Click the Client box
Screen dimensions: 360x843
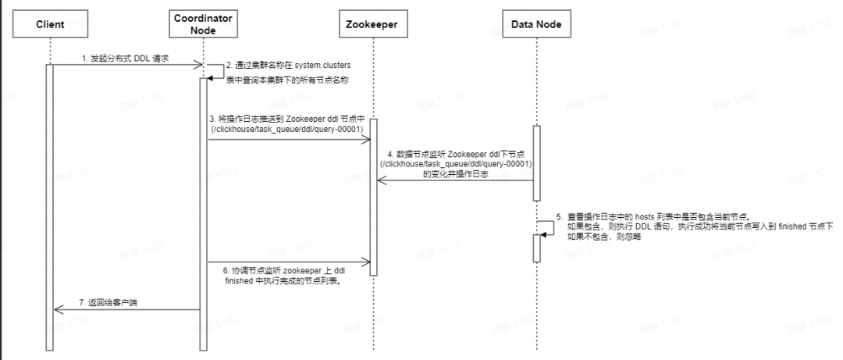point(50,25)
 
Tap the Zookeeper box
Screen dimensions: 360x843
point(372,25)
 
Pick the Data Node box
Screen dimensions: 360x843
point(536,25)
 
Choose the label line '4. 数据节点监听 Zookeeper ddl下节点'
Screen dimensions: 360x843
point(455,153)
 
